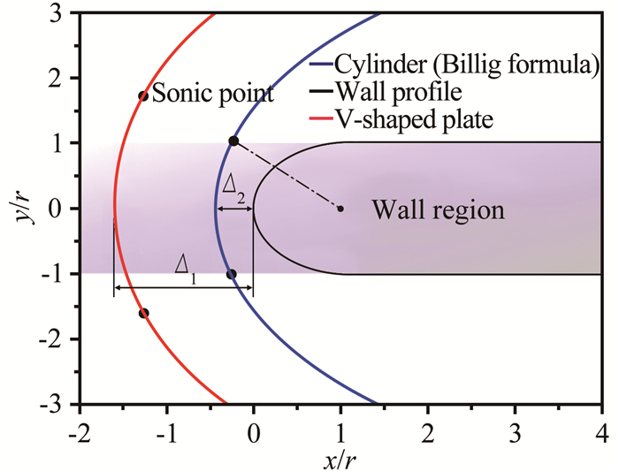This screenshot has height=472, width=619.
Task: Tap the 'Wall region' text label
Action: tap(438, 210)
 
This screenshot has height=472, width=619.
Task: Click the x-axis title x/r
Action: tap(340, 459)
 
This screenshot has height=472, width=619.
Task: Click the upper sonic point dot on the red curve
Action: tap(143, 95)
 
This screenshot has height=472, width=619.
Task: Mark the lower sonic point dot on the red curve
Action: tap(144, 313)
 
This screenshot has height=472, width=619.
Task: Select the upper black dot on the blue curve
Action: tap(233, 141)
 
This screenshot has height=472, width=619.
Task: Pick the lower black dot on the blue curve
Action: tap(232, 274)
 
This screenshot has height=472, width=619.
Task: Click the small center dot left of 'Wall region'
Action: tap(340, 209)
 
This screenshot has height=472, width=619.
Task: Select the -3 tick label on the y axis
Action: tap(56, 404)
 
